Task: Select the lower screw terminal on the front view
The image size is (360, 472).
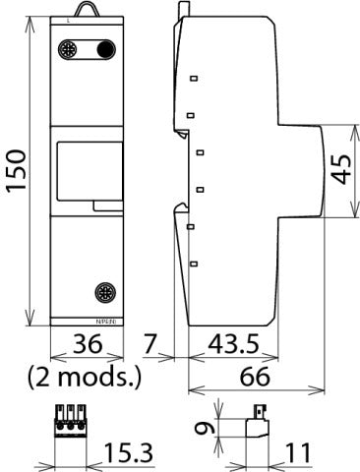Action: [x=104, y=291]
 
